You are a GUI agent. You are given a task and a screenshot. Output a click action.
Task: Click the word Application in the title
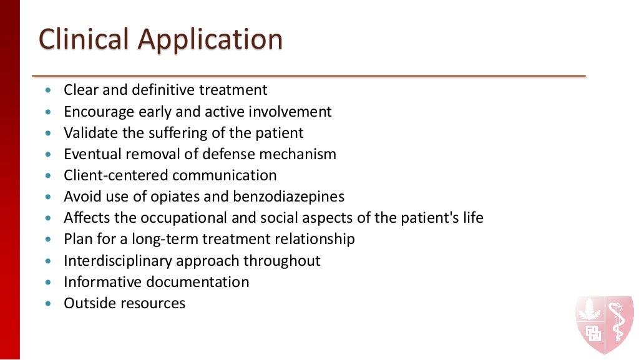tap(210, 41)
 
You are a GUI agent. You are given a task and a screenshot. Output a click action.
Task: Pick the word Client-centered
tap(116, 175)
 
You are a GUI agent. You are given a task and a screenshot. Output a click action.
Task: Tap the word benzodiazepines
tap(288, 197)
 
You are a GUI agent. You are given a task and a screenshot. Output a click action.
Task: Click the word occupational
tap(207, 218)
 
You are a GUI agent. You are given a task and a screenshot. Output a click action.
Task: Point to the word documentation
tap(198, 282)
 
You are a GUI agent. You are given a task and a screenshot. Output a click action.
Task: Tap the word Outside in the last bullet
tap(87, 303)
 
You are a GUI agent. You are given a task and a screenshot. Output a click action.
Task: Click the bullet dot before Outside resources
tap(50, 304)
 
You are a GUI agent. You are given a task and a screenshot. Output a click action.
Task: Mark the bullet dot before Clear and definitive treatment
tap(50, 90)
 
